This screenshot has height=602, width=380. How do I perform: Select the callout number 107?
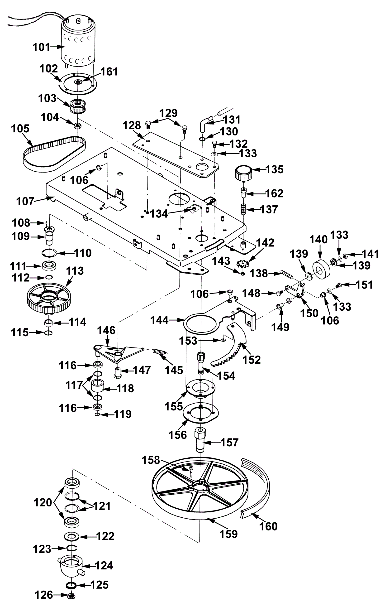click(x=25, y=201)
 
